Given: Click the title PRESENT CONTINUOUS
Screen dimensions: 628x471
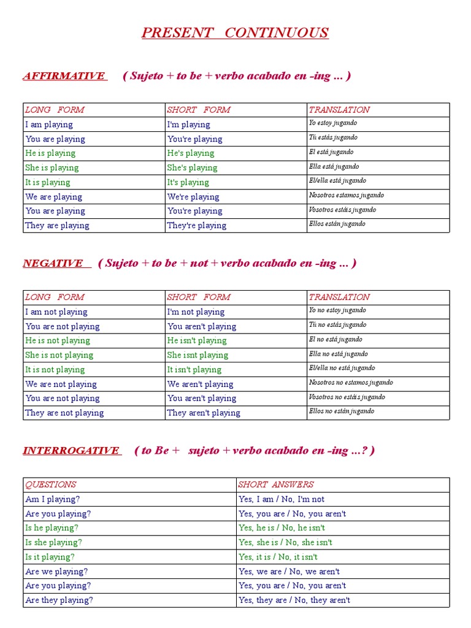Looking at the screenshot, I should click(235, 33).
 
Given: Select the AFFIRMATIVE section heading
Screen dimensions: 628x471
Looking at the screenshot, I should click(64, 76).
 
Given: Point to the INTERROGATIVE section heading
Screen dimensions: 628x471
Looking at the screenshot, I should click(71, 451).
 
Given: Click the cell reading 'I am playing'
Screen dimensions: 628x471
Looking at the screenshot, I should click(49, 124).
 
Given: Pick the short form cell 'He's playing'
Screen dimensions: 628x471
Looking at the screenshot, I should click(191, 153).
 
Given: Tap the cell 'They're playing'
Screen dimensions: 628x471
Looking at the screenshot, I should click(197, 226).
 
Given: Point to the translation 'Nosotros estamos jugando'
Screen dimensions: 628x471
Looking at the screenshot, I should click(347, 195).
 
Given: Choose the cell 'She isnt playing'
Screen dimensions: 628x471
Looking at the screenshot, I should click(197, 355).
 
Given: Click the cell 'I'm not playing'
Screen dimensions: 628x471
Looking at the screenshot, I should click(196, 312).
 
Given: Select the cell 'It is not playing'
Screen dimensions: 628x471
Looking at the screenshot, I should click(55, 370).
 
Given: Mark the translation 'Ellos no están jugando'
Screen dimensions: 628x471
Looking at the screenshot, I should click(342, 411).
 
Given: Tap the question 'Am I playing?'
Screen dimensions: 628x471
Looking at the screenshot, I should click(53, 499).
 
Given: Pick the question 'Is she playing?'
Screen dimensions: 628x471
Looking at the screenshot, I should click(53, 543).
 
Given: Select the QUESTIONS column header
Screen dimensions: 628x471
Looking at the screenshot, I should click(51, 484).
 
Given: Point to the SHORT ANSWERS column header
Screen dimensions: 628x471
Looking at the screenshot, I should click(276, 484).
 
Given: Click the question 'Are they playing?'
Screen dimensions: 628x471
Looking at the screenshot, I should click(59, 600).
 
